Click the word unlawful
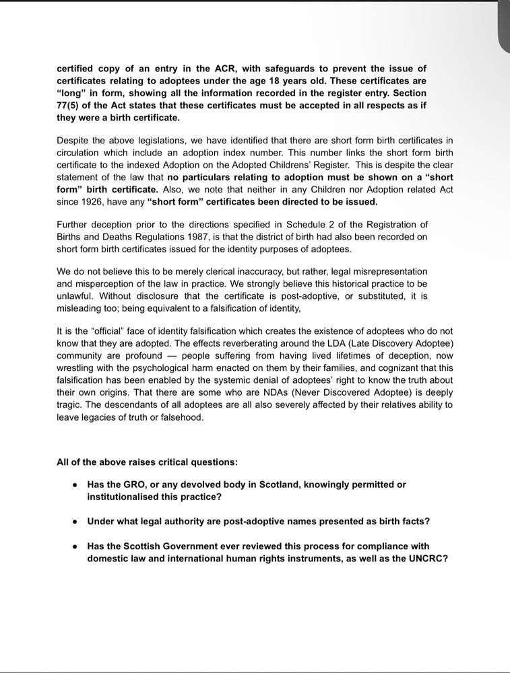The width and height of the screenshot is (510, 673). (x=76, y=295)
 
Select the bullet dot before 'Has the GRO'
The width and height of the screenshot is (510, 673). (x=75, y=485)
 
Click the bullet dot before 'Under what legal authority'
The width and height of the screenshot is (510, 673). (x=75, y=522)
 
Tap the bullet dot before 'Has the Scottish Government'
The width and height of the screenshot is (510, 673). (x=75, y=546)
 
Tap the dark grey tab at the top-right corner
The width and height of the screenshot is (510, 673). (x=504, y=27)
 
